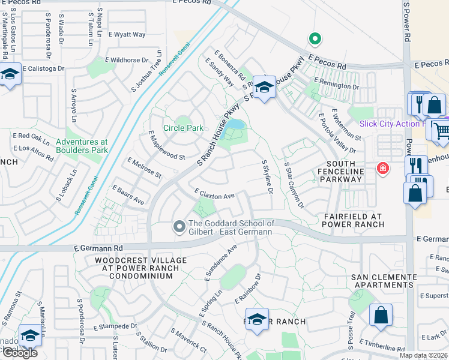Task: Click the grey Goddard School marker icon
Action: click(x=179, y=227)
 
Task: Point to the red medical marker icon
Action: click(x=382, y=169)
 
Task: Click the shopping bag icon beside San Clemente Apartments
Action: click(x=381, y=315)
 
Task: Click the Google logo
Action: click(x=20, y=353)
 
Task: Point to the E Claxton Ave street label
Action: click(x=214, y=194)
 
